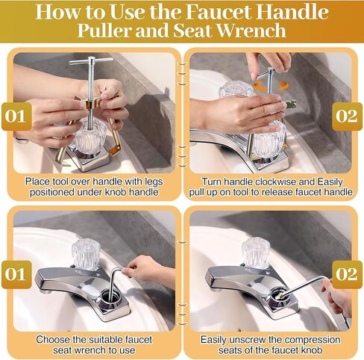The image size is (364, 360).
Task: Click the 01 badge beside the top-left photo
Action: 16,117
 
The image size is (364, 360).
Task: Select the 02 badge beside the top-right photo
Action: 347,117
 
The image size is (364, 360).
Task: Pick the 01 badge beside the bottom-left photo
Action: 16,275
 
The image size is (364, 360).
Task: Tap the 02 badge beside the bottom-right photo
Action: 347,275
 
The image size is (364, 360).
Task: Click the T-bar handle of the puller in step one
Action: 91,60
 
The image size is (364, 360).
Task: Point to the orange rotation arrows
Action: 271,85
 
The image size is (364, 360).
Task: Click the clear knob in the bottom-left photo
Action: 86,254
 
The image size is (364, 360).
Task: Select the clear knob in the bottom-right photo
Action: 256,253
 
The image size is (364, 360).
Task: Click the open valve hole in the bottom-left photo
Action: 110,297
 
